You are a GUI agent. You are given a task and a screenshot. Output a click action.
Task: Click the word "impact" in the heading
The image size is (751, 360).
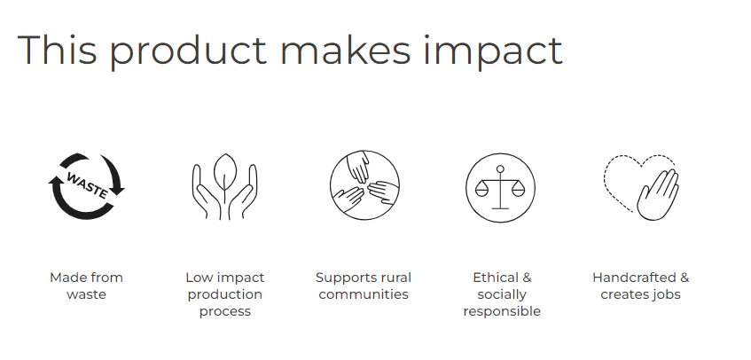click(493, 51)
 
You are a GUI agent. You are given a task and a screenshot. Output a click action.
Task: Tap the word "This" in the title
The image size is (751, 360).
click(57, 49)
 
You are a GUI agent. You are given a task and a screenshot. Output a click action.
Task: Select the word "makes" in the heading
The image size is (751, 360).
click(345, 50)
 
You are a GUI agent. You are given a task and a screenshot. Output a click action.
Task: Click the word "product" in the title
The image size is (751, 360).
click(188, 51)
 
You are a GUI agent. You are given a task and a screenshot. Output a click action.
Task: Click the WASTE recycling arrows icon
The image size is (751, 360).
click(86, 186)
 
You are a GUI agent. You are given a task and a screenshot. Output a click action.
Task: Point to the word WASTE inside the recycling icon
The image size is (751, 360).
click(87, 184)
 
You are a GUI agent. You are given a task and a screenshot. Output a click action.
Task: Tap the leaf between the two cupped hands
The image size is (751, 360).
click(224, 173)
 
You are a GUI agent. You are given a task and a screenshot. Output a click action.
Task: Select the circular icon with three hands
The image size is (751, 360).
click(364, 185)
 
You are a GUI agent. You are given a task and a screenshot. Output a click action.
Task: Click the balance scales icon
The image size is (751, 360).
click(500, 187)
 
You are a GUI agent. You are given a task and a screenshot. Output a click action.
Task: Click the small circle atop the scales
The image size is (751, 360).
click(500, 168)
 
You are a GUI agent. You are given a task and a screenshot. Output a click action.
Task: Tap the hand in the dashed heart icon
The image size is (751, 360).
click(658, 195)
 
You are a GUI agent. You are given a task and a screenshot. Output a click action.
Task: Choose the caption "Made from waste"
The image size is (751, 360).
click(86, 286)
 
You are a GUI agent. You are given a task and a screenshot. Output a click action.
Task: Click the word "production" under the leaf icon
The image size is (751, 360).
click(224, 294)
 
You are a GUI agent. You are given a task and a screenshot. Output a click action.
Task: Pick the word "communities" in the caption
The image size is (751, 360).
click(364, 293)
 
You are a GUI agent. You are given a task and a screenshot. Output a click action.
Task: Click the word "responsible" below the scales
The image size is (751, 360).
click(502, 311)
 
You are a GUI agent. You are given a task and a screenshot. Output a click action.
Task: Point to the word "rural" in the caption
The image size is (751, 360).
click(396, 278)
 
